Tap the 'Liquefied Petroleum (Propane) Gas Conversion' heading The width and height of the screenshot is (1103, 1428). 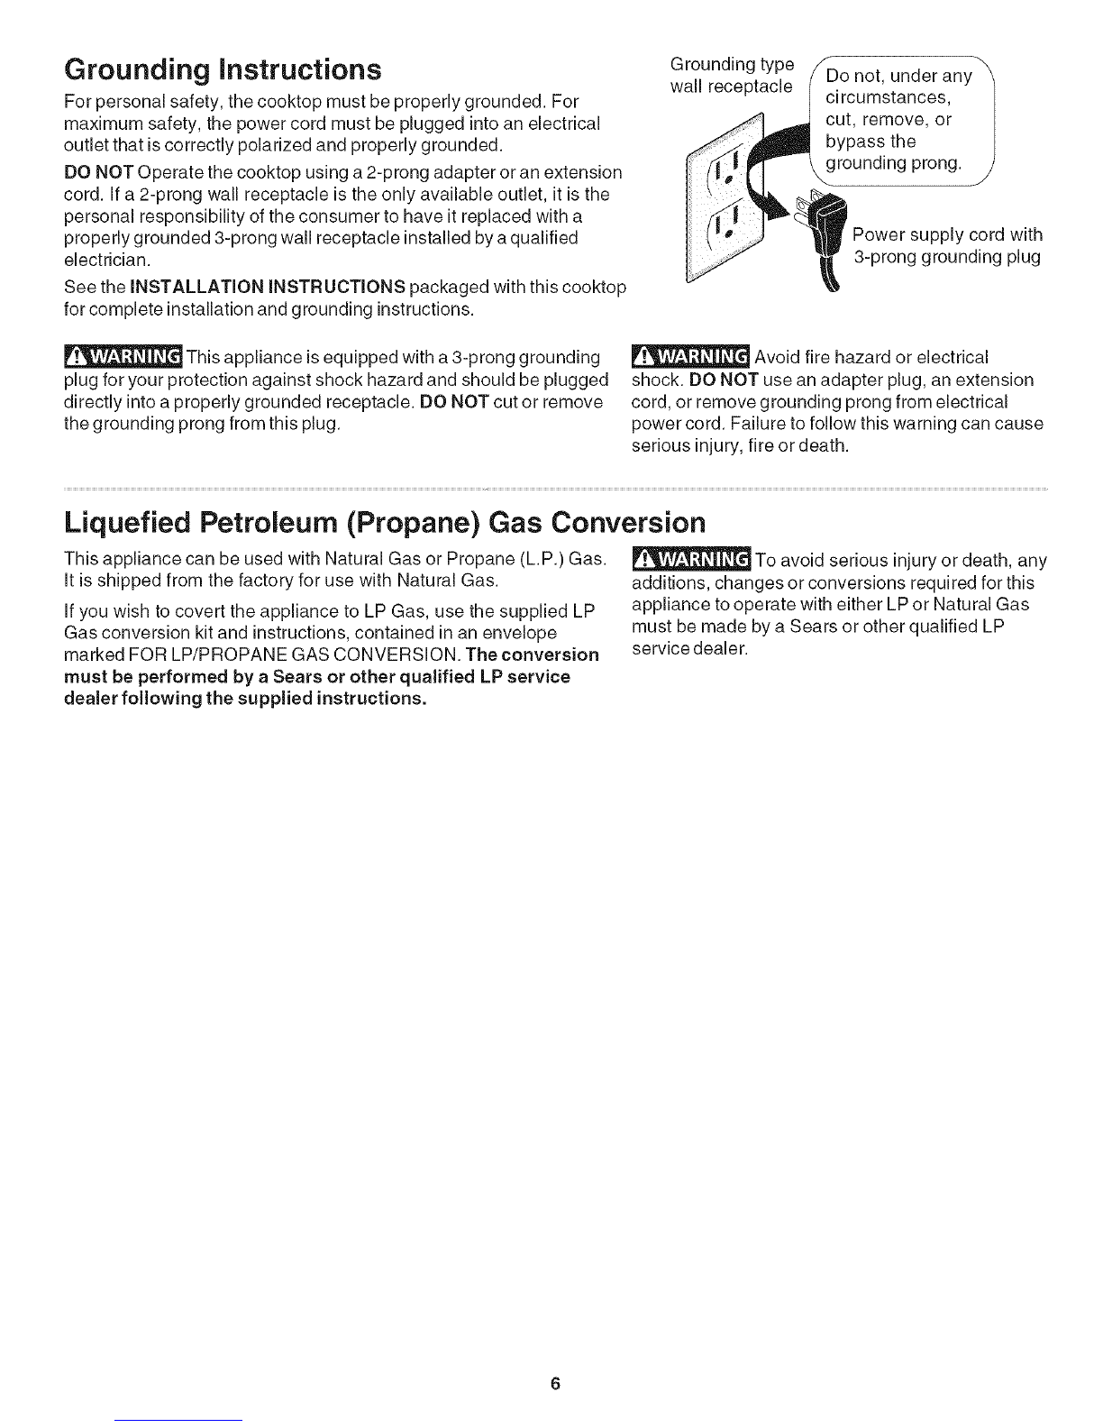[385, 523]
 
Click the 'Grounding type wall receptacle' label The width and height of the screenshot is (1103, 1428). [733, 75]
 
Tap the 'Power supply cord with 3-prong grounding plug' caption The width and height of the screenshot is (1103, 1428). [947, 246]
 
